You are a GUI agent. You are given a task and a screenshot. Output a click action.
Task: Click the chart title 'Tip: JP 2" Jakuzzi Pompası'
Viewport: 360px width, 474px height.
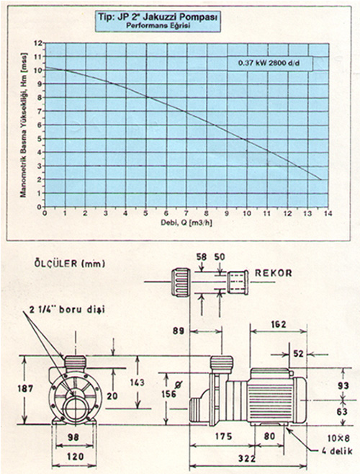[x=158, y=17]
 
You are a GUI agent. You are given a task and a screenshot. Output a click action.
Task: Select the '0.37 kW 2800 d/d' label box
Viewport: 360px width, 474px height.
[x=270, y=63]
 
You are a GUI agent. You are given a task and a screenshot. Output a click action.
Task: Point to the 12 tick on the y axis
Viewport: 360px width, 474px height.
[x=38, y=43]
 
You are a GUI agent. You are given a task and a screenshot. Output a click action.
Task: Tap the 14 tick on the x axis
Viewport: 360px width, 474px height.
[x=328, y=213]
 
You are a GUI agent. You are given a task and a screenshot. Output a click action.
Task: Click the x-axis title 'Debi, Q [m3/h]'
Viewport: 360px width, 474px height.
[x=187, y=223]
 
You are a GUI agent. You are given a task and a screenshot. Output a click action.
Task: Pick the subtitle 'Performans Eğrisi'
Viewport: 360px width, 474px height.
[x=158, y=26]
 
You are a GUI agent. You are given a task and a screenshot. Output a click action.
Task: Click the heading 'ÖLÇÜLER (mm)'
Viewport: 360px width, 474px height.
[x=70, y=264]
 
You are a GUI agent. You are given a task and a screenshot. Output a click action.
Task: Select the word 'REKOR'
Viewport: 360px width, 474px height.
[x=274, y=273]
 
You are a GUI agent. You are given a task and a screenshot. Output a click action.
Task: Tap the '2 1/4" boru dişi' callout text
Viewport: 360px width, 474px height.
[x=67, y=310]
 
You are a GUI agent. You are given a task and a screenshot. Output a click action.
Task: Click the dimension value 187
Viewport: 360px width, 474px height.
[x=25, y=388]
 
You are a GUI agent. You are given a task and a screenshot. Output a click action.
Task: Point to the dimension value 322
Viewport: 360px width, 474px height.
[x=247, y=459]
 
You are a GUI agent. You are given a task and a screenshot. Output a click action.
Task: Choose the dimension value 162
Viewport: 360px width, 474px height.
[x=278, y=324]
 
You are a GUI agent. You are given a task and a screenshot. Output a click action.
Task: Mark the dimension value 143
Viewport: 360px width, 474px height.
[x=138, y=383]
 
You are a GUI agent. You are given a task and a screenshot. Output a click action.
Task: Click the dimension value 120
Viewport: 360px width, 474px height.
[x=75, y=456]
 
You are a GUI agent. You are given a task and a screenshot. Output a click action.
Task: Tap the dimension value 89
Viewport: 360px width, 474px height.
[x=179, y=331]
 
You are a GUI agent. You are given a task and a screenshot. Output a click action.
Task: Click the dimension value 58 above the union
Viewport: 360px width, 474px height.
[x=202, y=257]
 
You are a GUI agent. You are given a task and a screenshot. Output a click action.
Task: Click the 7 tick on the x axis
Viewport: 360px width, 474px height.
[x=186, y=213]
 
